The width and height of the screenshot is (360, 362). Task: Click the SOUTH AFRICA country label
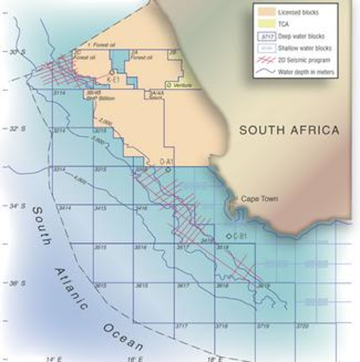click(x=289, y=130)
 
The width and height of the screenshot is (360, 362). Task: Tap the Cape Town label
click(x=260, y=199)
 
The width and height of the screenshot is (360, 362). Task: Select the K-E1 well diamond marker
click(x=113, y=73)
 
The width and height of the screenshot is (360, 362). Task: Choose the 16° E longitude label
click(x=132, y=357)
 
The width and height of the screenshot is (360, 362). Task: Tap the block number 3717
click(x=182, y=326)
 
